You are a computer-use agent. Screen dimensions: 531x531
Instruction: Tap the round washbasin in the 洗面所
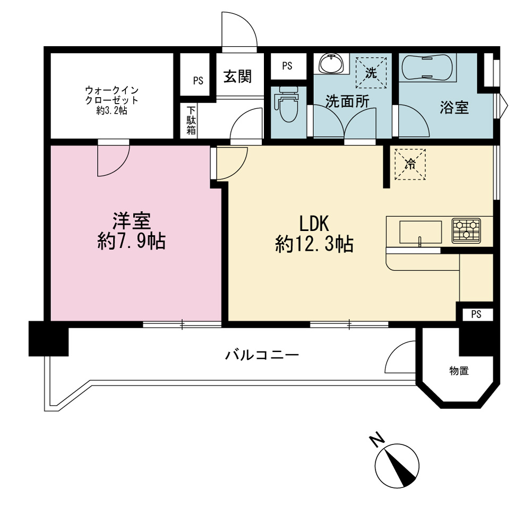[331, 63]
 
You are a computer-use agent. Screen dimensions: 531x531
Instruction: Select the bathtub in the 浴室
[427, 67]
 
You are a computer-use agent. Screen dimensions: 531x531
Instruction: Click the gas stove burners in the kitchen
[466, 230]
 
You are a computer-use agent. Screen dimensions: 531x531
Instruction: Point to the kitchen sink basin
[420, 232]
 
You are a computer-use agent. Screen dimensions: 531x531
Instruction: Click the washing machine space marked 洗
[371, 72]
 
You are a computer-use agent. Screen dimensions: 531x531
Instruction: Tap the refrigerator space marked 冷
[410, 164]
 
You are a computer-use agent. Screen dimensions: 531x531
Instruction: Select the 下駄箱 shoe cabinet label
[191, 121]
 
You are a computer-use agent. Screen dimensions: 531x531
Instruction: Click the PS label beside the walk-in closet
[198, 81]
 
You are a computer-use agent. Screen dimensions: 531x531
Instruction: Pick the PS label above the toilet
[287, 66]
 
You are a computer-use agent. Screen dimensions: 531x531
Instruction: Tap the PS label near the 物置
[476, 314]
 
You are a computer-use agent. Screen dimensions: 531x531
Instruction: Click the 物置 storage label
[459, 371]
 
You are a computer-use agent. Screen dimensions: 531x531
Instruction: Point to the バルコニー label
[262, 355]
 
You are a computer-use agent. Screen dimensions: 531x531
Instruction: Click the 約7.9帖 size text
[131, 242]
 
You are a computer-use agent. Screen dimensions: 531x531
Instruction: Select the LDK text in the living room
[314, 224]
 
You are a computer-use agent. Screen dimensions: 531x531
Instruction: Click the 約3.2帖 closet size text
[112, 110]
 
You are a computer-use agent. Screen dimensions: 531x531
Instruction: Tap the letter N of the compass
[376, 440]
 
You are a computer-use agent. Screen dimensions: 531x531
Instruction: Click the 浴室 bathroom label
[454, 107]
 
